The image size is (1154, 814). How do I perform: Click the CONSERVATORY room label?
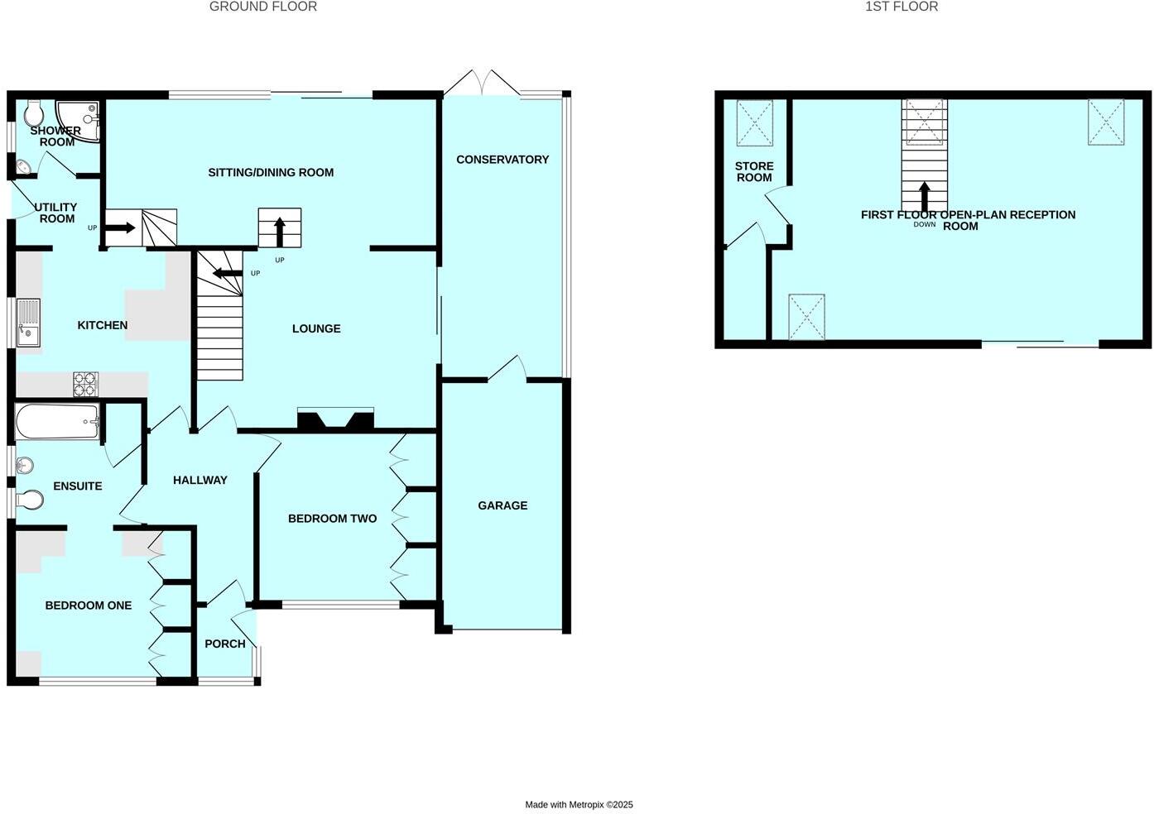(x=502, y=160)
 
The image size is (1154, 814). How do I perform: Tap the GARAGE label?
(x=502, y=505)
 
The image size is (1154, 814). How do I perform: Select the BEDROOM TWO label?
(x=332, y=519)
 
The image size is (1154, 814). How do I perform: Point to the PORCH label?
(x=225, y=644)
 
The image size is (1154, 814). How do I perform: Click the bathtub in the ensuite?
(x=57, y=421)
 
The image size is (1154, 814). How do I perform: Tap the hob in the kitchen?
(x=85, y=384)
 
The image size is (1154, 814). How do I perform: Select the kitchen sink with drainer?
(x=28, y=323)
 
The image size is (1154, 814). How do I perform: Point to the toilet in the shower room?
(x=34, y=113)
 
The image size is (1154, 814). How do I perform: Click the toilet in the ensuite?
(x=30, y=500)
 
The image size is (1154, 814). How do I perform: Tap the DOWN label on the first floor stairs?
(x=925, y=224)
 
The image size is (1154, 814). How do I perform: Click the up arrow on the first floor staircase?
(x=925, y=197)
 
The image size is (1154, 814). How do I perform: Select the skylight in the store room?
(x=754, y=123)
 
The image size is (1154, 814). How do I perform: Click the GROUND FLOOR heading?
(x=263, y=7)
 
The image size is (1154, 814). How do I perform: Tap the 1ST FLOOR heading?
(x=902, y=7)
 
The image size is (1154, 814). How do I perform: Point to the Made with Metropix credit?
(x=579, y=804)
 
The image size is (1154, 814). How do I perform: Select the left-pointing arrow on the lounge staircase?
(x=226, y=273)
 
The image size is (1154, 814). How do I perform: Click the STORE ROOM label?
(x=754, y=172)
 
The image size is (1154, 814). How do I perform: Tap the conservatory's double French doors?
(x=483, y=83)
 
